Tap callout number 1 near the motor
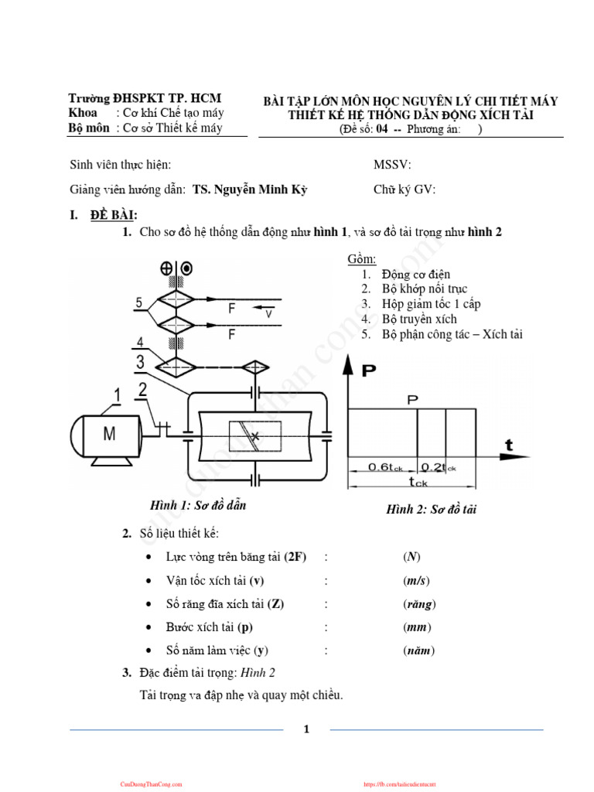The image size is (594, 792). pos(117,396)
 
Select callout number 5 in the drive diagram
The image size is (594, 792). pos(139,303)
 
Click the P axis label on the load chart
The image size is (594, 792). pos(369,371)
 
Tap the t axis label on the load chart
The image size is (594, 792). pos(509,445)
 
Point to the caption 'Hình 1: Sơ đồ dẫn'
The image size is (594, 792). pos(198,505)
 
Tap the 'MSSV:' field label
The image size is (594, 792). pos(392,165)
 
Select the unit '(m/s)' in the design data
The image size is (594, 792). pos(416,581)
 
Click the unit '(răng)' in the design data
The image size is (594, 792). pos(419,604)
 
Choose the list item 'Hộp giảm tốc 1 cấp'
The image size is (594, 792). pos(431,304)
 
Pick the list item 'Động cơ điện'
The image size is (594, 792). pos(416,275)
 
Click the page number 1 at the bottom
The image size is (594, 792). pos(306,729)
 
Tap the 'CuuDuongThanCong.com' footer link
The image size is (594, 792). pos(151,784)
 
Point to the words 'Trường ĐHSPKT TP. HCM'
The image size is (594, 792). pos(145,98)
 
